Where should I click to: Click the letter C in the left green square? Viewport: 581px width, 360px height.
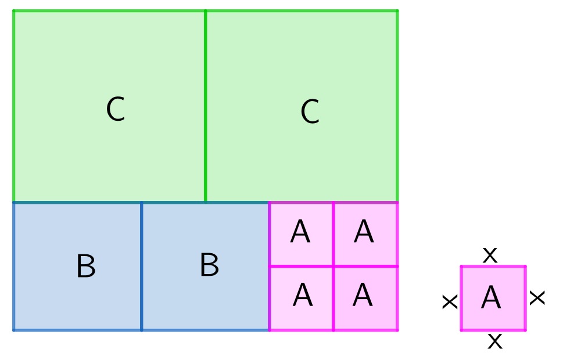pos(115,109)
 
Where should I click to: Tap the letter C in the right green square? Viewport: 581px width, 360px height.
pos(310,112)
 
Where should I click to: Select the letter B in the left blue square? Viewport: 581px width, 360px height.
pos(85,267)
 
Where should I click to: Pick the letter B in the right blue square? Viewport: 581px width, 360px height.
pos(209,265)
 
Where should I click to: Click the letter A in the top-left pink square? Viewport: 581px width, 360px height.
pos(300,233)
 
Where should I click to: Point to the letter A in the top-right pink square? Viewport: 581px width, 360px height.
pos(364,232)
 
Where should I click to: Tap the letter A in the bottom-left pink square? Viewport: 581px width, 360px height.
pos(302,296)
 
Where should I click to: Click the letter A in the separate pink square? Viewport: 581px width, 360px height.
pos(491,298)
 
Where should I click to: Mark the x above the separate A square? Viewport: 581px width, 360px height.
pos(490,254)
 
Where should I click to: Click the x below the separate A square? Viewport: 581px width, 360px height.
pos(494,341)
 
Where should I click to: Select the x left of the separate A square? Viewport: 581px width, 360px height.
pos(450,301)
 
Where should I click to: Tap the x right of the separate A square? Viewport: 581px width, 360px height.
pos(537,298)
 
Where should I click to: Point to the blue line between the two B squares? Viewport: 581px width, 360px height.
pos(141,267)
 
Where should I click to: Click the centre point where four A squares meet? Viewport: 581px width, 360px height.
pos(333,267)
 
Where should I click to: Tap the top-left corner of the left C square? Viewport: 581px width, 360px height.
pos(13,10)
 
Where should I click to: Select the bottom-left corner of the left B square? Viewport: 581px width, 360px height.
pos(13,330)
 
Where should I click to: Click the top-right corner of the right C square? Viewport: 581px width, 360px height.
pos(397,10)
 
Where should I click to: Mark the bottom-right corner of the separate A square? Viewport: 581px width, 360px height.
pos(525,330)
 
